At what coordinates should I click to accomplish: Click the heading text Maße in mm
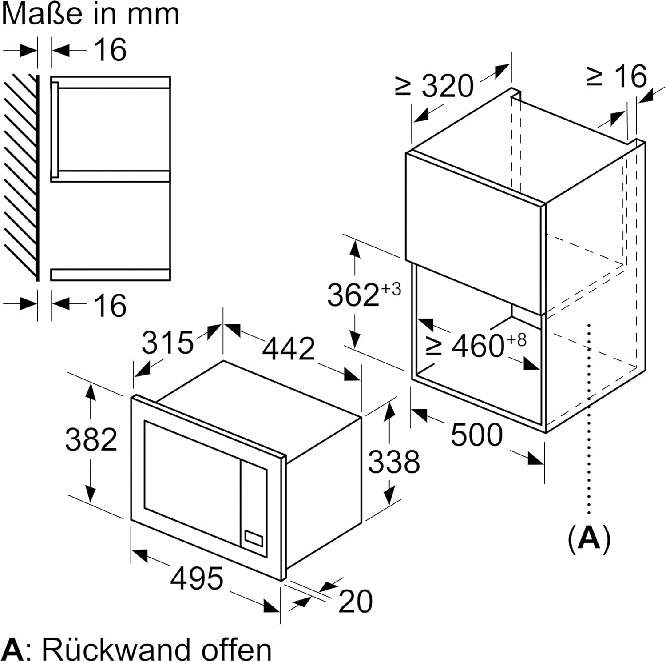91,14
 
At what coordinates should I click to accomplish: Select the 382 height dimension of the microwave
91,439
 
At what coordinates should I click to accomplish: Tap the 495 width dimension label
197,578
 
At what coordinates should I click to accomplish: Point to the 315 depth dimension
167,343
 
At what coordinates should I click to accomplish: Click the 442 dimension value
288,348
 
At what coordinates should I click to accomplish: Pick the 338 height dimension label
394,461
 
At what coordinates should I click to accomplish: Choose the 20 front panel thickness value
355,602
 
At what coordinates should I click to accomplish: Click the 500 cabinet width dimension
476,435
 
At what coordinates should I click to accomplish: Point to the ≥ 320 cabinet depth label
435,86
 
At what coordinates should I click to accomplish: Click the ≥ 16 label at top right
617,76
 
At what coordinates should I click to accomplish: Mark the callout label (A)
589,539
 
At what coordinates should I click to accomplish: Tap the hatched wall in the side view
20,178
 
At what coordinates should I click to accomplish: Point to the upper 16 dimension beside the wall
110,49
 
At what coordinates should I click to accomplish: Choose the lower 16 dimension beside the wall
110,305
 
